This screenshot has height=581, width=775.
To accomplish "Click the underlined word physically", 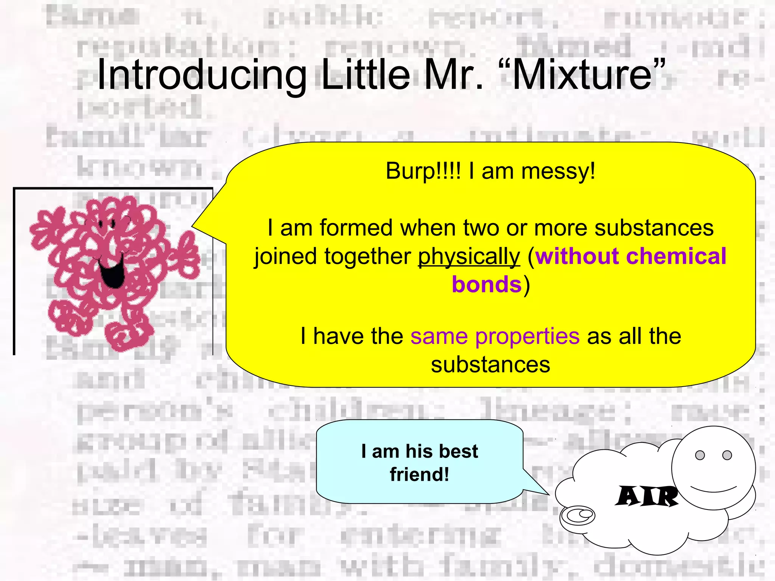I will click(469, 257).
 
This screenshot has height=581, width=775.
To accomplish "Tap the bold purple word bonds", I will click(487, 284).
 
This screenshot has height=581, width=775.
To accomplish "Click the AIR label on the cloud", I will click(647, 496).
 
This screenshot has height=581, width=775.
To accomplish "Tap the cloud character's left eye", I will click(700, 455).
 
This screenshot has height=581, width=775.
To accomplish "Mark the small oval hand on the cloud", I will click(577, 515).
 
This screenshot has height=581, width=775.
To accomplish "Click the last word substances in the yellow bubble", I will click(490, 365).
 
